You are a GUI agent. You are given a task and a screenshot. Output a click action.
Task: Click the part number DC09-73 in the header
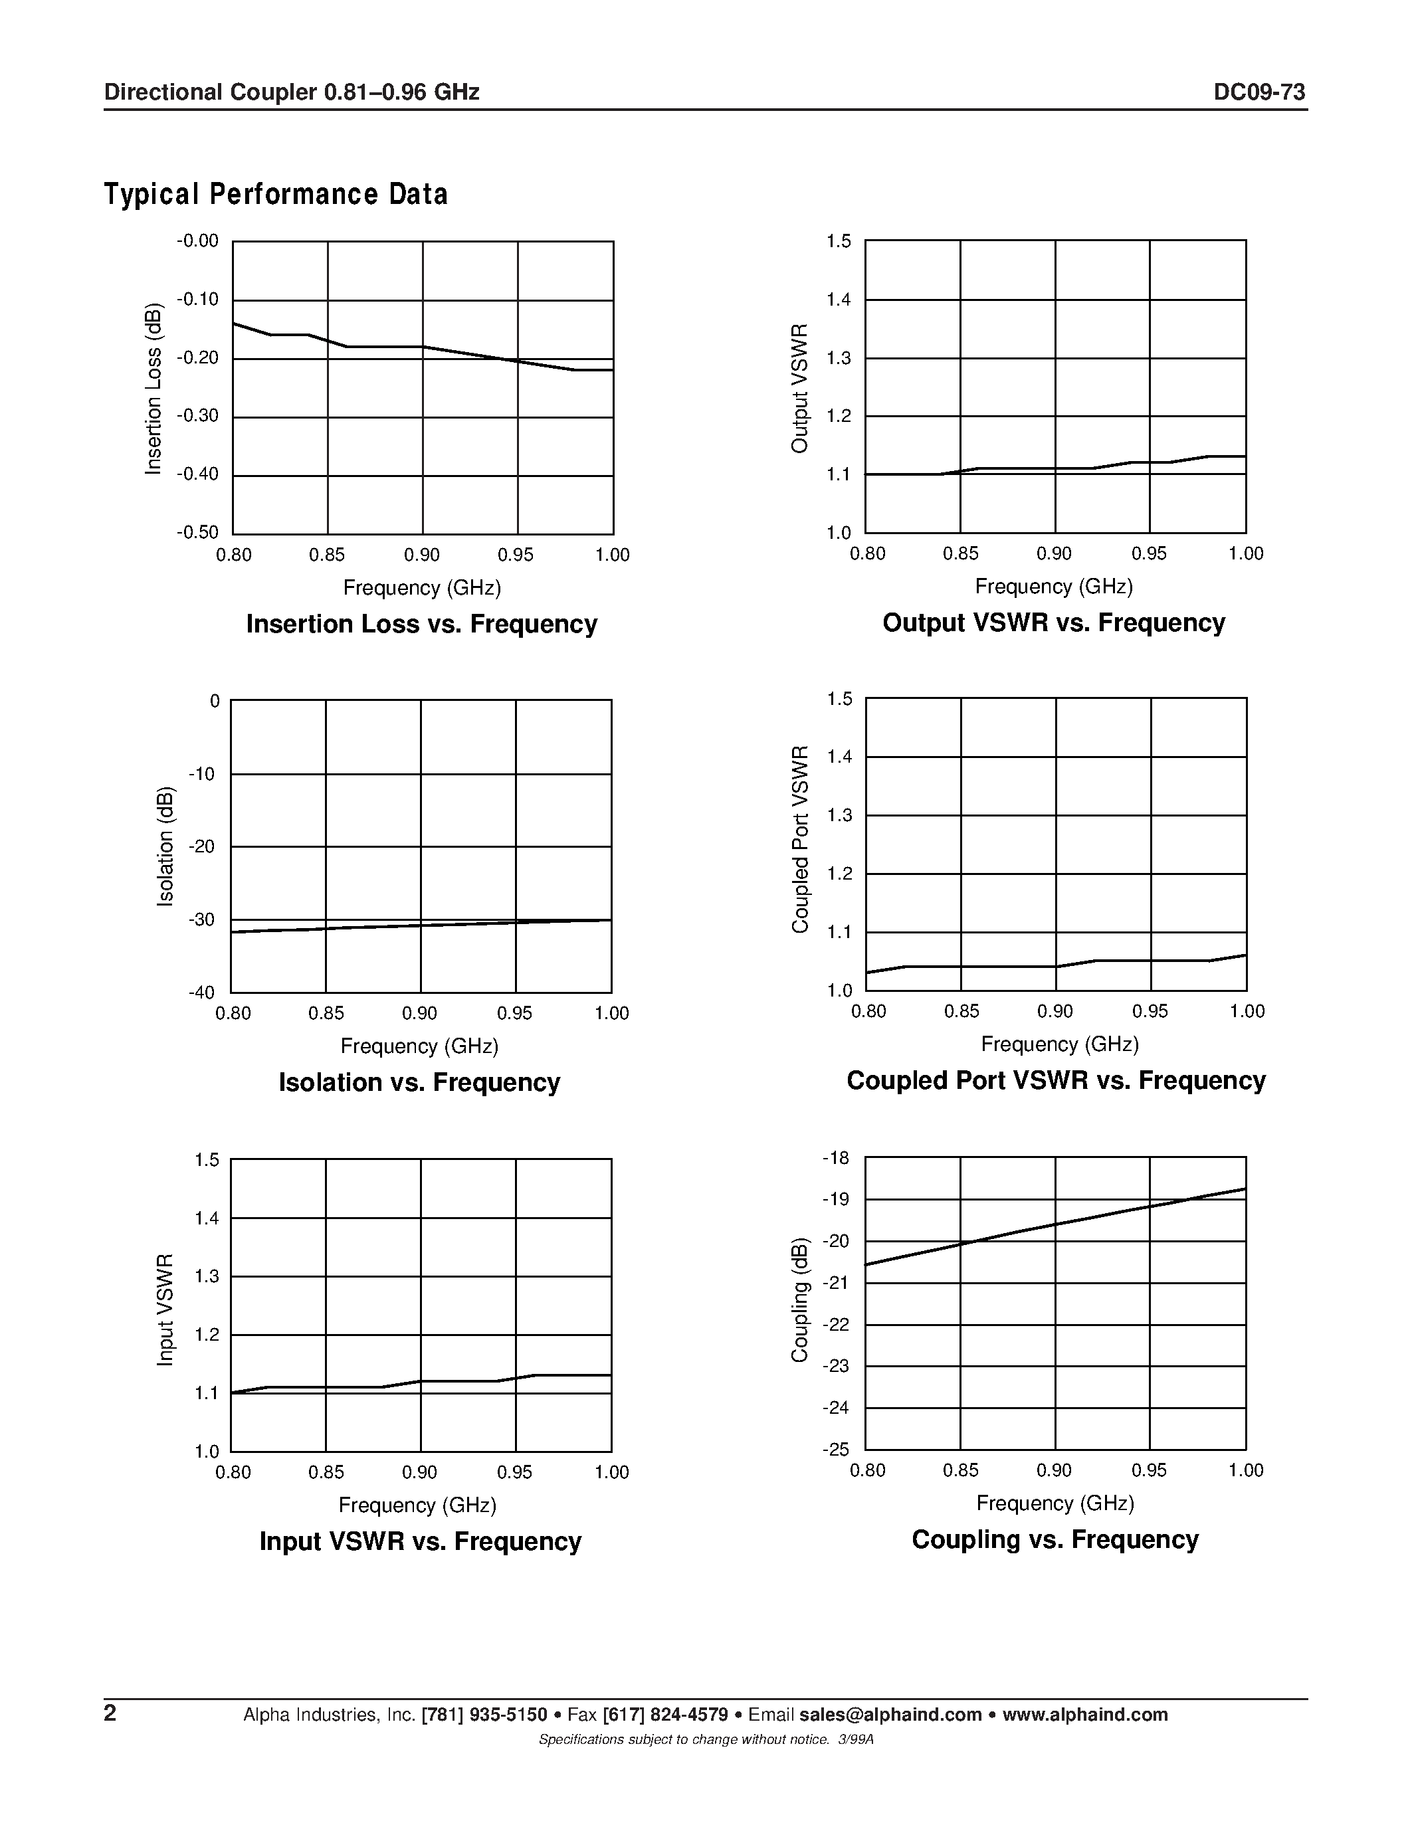click(1259, 92)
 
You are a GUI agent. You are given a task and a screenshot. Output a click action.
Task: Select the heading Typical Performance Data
click(275, 194)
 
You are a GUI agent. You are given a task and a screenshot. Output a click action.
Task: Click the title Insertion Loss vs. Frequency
click(421, 624)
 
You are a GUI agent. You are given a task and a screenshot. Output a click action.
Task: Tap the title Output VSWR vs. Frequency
click(1053, 623)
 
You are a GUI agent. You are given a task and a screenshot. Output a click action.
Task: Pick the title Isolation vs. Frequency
click(419, 1082)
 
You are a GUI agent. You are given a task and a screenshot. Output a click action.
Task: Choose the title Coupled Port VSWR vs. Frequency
click(1056, 1080)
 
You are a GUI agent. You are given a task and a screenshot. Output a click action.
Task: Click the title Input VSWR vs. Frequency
click(420, 1540)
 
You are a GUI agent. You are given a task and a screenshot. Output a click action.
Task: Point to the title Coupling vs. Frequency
click(1055, 1539)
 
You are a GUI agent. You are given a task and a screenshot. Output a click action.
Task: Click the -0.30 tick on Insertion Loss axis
click(197, 417)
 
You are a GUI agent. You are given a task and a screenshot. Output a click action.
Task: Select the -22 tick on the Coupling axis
click(836, 1324)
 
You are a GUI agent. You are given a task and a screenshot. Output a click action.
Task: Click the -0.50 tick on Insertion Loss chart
click(197, 533)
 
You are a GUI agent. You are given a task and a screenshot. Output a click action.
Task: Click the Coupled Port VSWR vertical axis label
click(801, 839)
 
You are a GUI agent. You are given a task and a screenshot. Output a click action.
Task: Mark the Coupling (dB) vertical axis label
click(801, 1298)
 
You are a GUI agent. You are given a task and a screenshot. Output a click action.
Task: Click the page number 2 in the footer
click(110, 1713)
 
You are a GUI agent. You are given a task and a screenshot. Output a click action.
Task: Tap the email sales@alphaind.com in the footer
click(890, 1715)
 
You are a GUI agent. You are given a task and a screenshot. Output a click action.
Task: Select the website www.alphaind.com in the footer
click(1085, 1715)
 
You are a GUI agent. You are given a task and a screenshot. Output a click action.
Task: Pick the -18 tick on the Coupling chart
click(836, 1159)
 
